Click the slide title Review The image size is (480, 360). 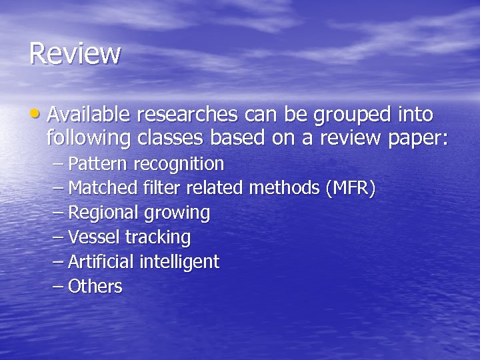click(75, 53)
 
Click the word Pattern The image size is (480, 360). click(99, 163)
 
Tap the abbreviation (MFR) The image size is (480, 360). click(350, 189)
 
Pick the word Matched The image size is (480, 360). click(103, 188)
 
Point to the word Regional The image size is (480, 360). click(103, 213)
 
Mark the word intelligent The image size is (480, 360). click(179, 263)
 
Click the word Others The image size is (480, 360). click(95, 287)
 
